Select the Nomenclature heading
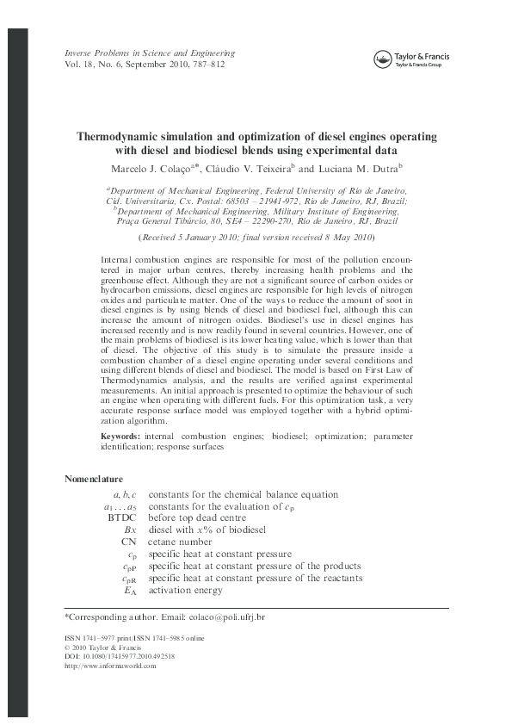pyautogui.click(x=94, y=479)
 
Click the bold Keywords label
pyautogui.click(x=120, y=437)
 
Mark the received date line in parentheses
pyautogui.click(x=256, y=237)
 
